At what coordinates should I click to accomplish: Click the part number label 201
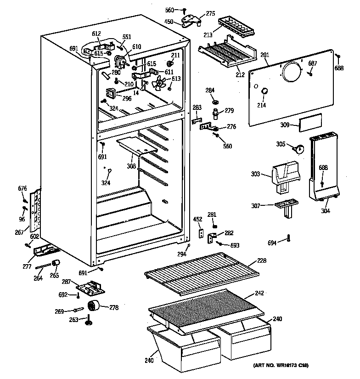coord(264,56)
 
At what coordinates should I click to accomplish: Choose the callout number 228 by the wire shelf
coord(261,261)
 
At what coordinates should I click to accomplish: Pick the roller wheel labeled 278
coord(94,305)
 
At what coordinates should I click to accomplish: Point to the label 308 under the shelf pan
coord(132,166)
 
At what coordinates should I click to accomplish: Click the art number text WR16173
coord(281,366)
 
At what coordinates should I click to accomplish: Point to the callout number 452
coord(197,219)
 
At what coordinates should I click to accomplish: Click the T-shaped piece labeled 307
coord(286,205)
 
